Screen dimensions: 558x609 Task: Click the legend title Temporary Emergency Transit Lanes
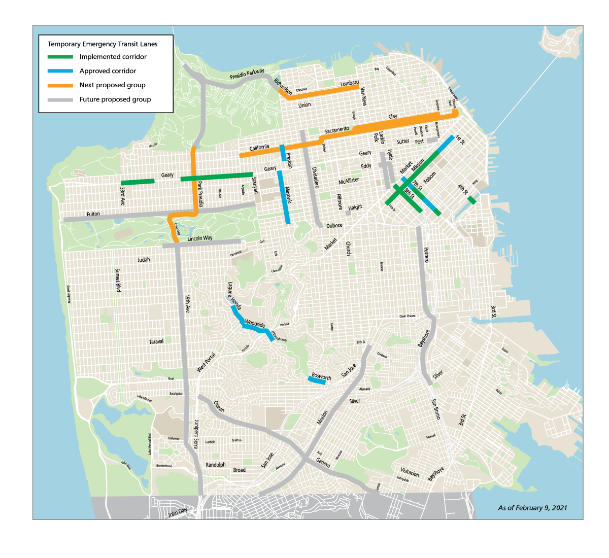(x=103, y=44)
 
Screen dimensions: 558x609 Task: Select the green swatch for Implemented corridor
(x=60, y=57)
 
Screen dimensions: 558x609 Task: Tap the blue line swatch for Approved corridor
(x=60, y=71)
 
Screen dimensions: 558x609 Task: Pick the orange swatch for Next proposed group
(x=60, y=85)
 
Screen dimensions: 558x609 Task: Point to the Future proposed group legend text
(x=115, y=99)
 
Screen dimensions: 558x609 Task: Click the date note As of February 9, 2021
(x=532, y=508)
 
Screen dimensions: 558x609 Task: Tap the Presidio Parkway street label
(x=247, y=75)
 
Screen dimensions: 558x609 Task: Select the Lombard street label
(x=349, y=83)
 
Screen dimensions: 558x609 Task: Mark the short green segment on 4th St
(x=471, y=200)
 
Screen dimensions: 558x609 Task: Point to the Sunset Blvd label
(x=118, y=280)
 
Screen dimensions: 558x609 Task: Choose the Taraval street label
(x=156, y=341)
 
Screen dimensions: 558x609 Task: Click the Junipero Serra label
(x=195, y=434)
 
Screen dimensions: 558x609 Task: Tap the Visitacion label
(x=410, y=473)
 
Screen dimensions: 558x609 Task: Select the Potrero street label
(x=426, y=255)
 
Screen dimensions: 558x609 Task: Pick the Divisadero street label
(x=315, y=178)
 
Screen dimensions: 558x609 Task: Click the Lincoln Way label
(x=200, y=238)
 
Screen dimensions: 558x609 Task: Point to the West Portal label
(x=206, y=362)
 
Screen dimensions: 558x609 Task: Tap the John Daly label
(x=178, y=513)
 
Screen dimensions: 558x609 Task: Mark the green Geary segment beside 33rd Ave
(x=138, y=182)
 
